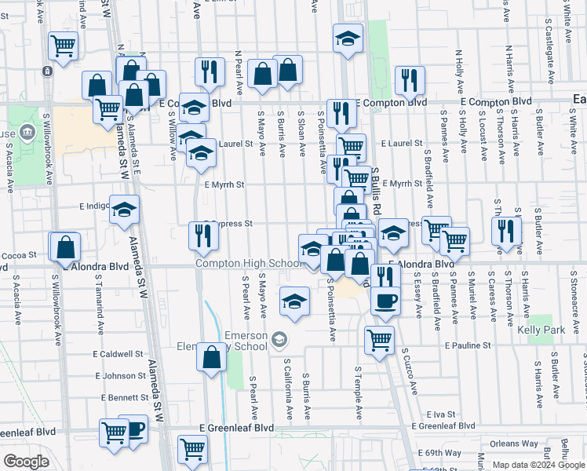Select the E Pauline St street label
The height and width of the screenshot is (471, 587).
(x=467, y=345)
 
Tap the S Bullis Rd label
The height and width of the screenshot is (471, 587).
(x=376, y=188)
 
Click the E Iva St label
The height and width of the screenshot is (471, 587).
(x=443, y=414)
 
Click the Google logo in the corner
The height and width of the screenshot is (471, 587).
(x=26, y=462)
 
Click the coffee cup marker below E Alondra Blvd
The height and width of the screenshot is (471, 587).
(x=385, y=301)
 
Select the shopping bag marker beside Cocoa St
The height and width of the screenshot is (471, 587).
(x=66, y=246)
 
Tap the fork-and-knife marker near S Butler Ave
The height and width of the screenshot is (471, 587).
(x=507, y=231)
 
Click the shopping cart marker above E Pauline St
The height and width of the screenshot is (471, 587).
(x=379, y=340)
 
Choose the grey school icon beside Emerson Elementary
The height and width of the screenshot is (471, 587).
(x=279, y=340)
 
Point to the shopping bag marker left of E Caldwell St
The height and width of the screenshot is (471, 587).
(x=212, y=357)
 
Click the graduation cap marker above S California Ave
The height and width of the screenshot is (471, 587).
(x=294, y=302)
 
